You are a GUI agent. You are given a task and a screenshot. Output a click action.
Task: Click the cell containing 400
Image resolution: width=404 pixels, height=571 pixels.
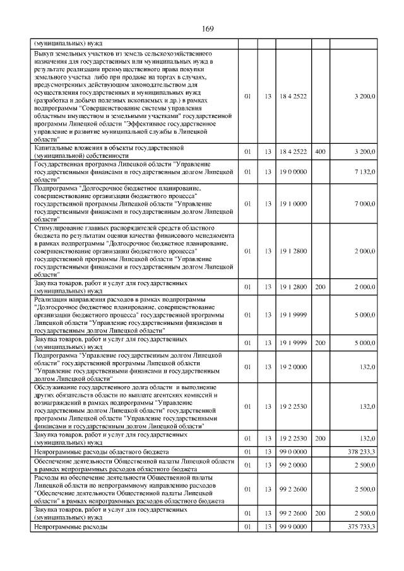click(x=320, y=152)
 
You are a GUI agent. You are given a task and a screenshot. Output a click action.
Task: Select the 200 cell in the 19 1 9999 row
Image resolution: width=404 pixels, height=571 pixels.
click(x=320, y=344)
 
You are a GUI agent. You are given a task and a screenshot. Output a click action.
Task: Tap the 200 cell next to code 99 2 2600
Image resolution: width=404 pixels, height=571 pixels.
click(x=320, y=514)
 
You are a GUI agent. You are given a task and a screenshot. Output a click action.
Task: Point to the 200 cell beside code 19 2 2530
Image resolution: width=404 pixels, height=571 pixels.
click(x=320, y=440)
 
